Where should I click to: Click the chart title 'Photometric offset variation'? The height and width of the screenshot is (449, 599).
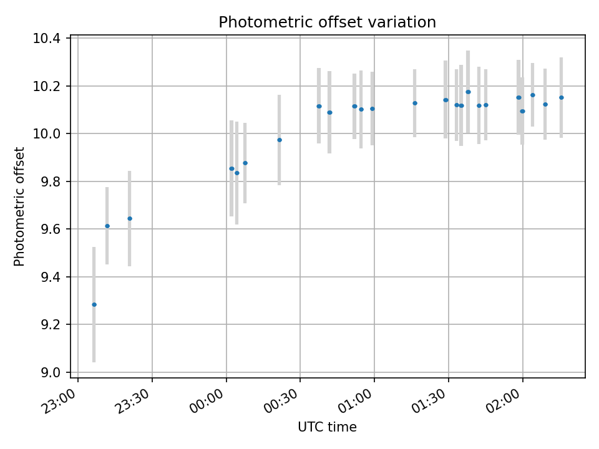[327, 22]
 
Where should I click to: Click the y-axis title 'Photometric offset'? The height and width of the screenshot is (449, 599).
[19, 206]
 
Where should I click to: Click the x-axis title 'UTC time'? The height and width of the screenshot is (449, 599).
[327, 427]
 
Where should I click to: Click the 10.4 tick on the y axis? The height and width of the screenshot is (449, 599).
[47, 39]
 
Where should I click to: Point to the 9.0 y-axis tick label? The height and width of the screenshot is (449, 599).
[50, 372]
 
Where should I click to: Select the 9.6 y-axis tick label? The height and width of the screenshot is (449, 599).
[50, 229]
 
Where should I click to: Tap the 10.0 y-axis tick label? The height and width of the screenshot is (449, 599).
[47, 134]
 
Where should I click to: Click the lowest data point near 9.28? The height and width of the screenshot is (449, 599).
[94, 304]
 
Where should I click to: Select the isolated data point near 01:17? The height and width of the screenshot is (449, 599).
[415, 103]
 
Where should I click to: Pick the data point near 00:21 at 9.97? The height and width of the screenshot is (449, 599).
[280, 140]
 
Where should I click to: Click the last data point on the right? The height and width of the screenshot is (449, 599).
[562, 97]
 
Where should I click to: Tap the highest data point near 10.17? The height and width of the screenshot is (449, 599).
[468, 92]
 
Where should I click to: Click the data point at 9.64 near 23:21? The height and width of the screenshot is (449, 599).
[130, 218]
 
